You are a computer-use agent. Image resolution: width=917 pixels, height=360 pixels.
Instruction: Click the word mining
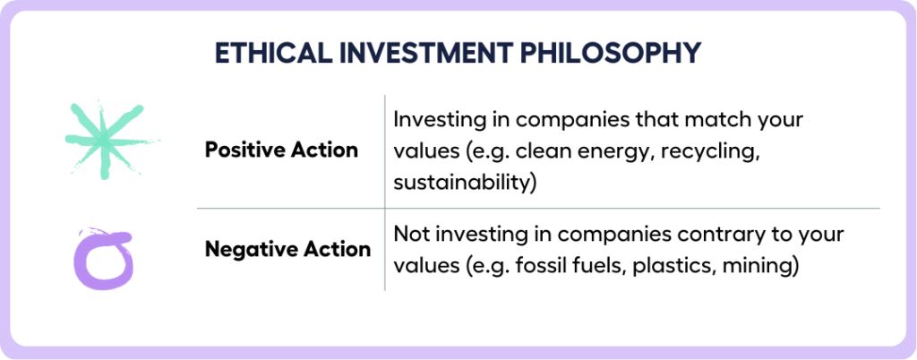(x=756, y=267)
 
